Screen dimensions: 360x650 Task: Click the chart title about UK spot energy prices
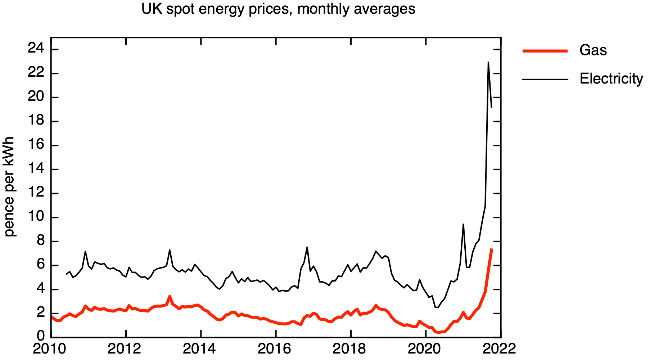(x=278, y=9)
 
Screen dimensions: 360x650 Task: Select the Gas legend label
(x=593, y=50)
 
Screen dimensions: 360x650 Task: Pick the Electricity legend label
(x=611, y=78)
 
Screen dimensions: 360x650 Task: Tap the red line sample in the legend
(x=545, y=51)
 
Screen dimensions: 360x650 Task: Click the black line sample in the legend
(x=545, y=79)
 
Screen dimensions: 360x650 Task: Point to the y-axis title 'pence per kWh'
(x=9, y=186)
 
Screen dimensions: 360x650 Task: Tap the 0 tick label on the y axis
(x=41, y=336)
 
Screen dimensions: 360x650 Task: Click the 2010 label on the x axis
(x=51, y=349)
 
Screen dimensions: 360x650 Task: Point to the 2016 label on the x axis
(x=276, y=349)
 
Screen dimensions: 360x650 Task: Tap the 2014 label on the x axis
(x=201, y=349)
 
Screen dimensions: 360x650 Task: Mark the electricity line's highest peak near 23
(x=488, y=62)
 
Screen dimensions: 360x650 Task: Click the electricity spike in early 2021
(x=463, y=224)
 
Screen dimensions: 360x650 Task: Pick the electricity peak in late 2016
(x=307, y=247)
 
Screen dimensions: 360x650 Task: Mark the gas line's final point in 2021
(x=492, y=249)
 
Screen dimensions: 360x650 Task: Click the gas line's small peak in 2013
(x=170, y=296)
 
